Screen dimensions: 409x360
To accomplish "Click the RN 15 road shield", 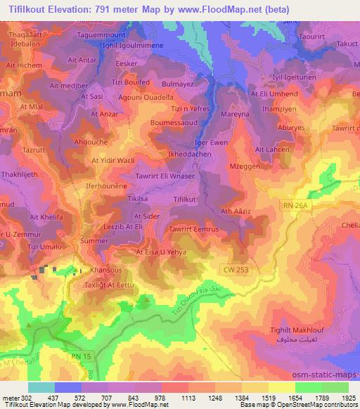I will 81,359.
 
